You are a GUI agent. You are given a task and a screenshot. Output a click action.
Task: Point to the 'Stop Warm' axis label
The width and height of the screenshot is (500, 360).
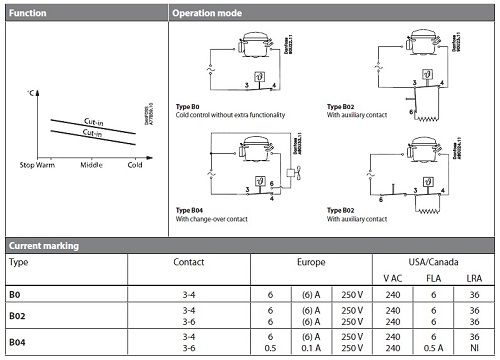tap(39, 164)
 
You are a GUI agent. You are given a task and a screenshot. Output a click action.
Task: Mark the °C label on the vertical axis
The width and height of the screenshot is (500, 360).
tap(32, 93)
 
